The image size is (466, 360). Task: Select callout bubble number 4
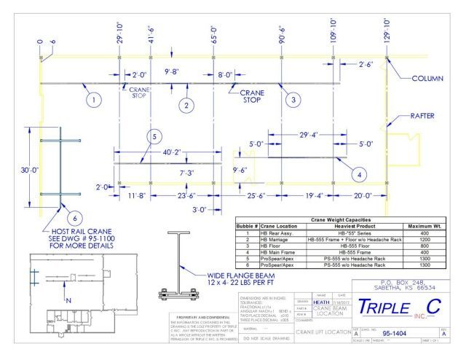pos(358,173)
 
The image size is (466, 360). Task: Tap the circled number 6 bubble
pos(73,217)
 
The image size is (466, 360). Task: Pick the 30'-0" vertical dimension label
pos(28,170)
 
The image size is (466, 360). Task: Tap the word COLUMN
pos(433,79)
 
